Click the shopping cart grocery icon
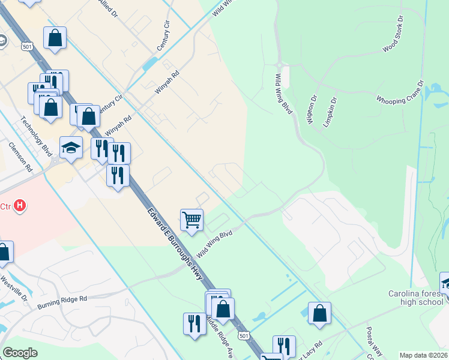[x=191, y=220]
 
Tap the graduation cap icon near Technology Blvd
[x=71, y=148]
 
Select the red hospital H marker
[x=20, y=206]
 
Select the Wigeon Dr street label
[x=311, y=109]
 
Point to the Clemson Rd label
[x=19, y=157]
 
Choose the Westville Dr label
[x=13, y=287]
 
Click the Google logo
[x=20, y=353]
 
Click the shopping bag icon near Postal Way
[x=319, y=313]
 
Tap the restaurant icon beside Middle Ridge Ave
[x=194, y=323]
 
